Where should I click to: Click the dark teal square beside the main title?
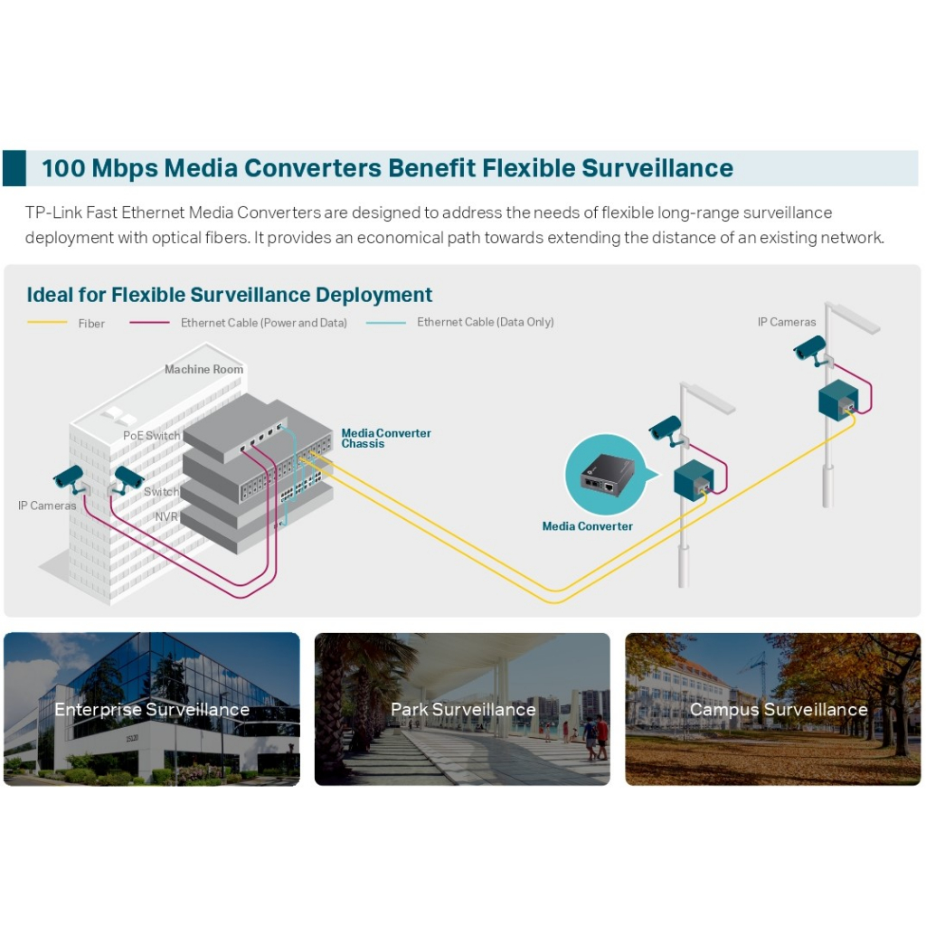pos(14,169)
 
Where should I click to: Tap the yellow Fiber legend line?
pos(47,323)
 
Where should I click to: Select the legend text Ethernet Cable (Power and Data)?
pos(263,323)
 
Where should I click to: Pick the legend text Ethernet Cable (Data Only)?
pos(485,322)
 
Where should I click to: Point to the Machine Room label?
pos(203,369)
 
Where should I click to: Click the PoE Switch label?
pos(151,436)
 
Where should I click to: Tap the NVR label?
pos(166,516)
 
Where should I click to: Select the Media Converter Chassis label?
pos(386,439)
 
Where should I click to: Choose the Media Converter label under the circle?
pos(587,526)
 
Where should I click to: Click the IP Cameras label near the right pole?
pos(787,322)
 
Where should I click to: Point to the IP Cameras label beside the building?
pos(47,506)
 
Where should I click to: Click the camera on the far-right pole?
pos(810,348)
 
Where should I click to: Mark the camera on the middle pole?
pos(666,428)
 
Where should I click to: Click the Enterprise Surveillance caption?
pos(151,710)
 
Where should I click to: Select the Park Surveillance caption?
pos(463,710)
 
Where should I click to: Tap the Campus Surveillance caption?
pos(779,710)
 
